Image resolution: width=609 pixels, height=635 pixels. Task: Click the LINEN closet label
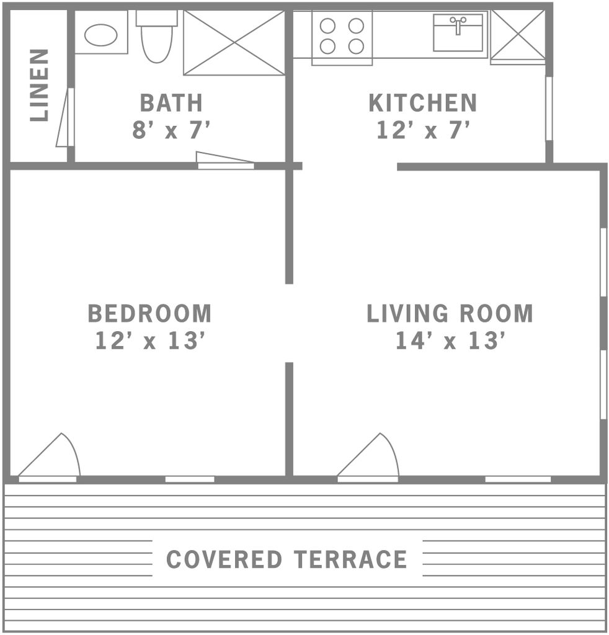[x=40, y=85]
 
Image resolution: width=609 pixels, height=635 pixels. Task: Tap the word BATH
[x=171, y=103]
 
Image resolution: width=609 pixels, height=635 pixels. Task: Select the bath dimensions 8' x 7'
[x=171, y=130]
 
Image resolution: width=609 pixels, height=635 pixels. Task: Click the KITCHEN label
[x=423, y=103]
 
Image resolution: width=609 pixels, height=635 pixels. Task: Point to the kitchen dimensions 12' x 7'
[x=423, y=130]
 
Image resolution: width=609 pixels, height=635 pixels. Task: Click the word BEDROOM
[x=150, y=313]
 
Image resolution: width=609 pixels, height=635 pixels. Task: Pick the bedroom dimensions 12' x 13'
[x=150, y=340]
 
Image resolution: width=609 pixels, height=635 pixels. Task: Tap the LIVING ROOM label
[x=450, y=313]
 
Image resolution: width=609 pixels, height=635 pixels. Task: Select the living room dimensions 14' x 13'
[x=450, y=340]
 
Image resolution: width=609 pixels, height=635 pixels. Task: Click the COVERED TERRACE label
[x=287, y=559]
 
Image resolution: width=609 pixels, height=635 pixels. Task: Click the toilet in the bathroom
[x=157, y=37]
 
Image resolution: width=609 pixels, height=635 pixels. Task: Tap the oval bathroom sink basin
[x=101, y=35]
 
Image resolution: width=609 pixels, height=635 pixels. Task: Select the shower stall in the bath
[x=234, y=43]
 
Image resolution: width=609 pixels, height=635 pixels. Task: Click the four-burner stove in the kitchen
[x=342, y=38]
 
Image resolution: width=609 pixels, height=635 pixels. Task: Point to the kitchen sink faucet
[x=458, y=25]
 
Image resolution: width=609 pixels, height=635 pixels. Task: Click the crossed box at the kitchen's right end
[x=518, y=37]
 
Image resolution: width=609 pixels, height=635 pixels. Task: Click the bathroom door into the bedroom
[x=225, y=160]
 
